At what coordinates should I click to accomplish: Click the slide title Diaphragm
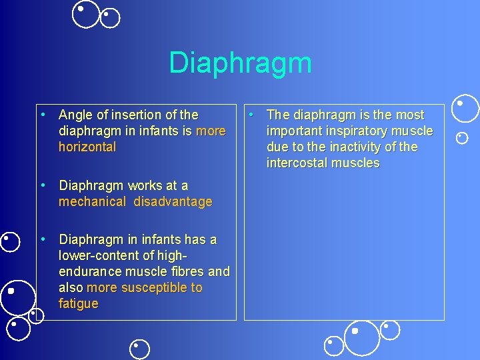pos(240,63)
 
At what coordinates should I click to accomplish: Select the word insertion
pos(139,115)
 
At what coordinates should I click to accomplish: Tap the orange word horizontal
pos(87,147)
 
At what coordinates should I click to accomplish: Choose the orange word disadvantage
pos(173,201)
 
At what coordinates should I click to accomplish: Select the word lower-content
pos(100,255)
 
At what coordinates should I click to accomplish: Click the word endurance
pos(88,271)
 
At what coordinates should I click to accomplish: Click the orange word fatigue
pos(78,304)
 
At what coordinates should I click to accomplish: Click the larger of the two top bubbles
pos(86,14)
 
